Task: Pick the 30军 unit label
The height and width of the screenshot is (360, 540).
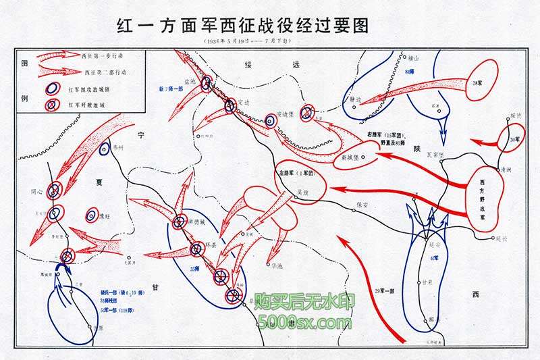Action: pos(515,139)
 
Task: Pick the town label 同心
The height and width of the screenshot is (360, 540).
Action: pos(36,191)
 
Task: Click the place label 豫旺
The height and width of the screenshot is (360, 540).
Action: pos(102,217)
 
